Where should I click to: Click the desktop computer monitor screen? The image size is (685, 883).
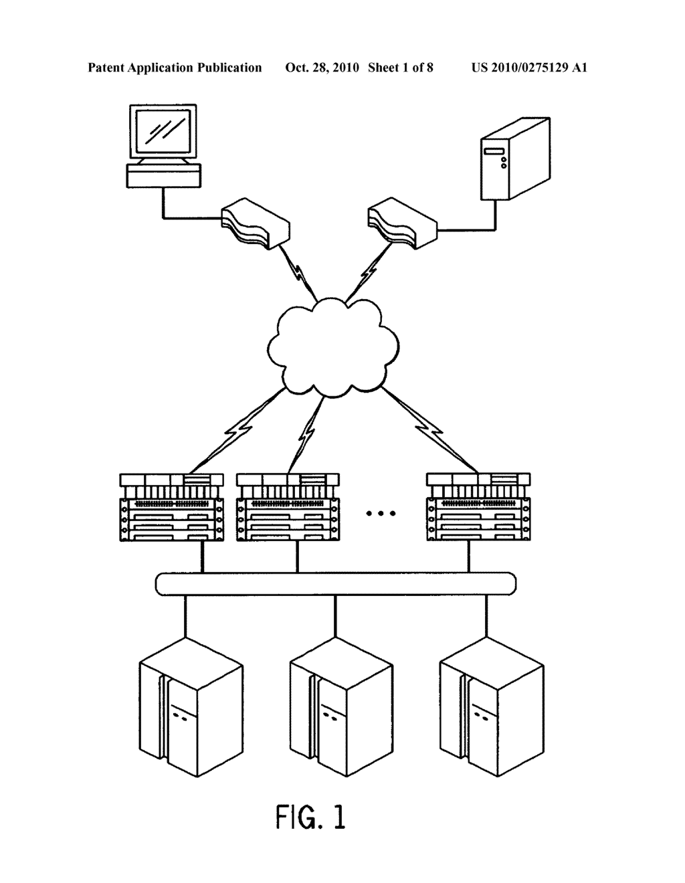(x=163, y=133)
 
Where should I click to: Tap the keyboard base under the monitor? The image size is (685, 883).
(x=163, y=177)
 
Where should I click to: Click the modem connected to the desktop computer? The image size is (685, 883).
(x=255, y=223)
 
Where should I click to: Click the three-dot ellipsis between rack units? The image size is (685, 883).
(x=381, y=514)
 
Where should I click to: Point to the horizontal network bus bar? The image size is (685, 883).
(x=335, y=583)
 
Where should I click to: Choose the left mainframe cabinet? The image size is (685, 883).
(x=191, y=706)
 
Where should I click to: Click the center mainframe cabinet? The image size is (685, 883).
(x=341, y=706)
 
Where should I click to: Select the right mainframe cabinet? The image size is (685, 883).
(x=492, y=706)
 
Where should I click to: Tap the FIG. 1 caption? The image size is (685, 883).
(x=311, y=817)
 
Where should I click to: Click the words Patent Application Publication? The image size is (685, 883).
(x=175, y=68)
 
